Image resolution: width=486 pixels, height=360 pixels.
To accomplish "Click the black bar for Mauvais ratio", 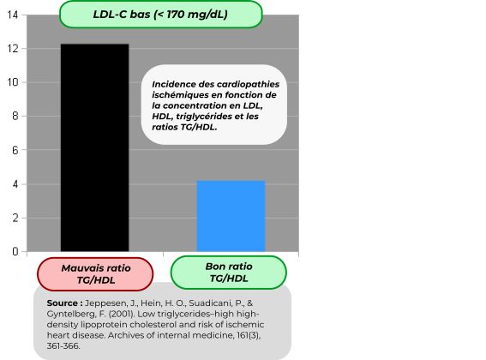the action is (95, 147).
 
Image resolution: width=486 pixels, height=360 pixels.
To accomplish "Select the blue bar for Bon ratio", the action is (231, 216).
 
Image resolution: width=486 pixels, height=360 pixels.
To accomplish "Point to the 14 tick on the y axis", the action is (12, 15).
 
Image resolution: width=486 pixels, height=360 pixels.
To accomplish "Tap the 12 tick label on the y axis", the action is (12, 49).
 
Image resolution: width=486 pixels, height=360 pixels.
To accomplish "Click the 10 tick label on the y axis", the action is (12, 82).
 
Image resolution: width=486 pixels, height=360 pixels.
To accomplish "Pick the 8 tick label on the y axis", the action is (15, 116).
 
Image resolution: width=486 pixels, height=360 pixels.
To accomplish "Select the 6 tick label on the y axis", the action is (15, 150).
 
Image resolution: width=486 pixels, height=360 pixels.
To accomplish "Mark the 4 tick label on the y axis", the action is (15, 184).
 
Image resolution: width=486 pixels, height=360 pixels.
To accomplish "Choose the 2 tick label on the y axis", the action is (15, 218).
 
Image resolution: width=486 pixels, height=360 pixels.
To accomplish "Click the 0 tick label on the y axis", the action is (15, 251).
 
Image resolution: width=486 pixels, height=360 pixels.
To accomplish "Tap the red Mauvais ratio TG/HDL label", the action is (95, 274).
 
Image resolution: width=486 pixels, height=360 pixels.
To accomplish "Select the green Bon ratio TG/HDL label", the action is (229, 273).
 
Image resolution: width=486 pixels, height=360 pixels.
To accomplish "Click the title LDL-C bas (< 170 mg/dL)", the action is (160, 15).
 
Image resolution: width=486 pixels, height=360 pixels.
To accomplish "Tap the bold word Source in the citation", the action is (63, 303).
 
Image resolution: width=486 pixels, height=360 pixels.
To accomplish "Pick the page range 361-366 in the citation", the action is (63, 345).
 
